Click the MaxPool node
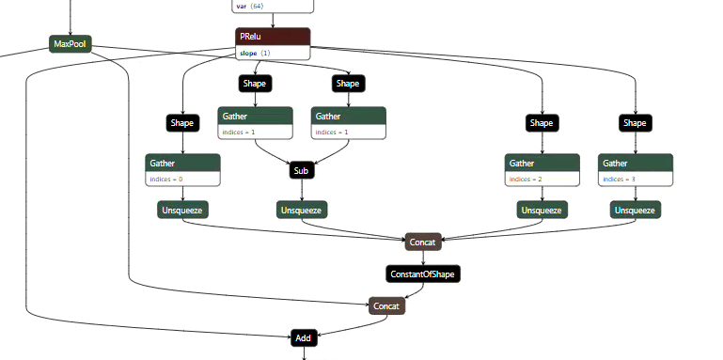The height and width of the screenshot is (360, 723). point(71,44)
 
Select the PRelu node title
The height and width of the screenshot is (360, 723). point(272,36)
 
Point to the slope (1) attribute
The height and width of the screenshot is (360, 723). point(255,53)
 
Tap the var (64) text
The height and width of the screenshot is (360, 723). point(249,6)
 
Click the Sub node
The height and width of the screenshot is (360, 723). point(301,171)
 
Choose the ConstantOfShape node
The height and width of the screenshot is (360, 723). point(423,274)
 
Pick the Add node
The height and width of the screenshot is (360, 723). point(303,337)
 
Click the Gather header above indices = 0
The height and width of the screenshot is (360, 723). point(183,163)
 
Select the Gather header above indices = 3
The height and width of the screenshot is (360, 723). point(635,163)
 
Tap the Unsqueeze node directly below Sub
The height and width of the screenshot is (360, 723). point(301,210)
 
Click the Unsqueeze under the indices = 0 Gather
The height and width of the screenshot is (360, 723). point(182,210)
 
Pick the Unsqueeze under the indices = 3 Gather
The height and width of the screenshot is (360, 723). point(635,210)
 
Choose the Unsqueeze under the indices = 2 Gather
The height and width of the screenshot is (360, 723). point(541,210)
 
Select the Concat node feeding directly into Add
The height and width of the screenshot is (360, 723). point(385,306)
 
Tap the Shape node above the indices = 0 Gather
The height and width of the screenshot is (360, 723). point(182,122)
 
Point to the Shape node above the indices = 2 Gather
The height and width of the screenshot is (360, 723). point(541,122)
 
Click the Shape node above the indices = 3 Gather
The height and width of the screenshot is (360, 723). point(635,122)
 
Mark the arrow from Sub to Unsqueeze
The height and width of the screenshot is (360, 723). point(301,190)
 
